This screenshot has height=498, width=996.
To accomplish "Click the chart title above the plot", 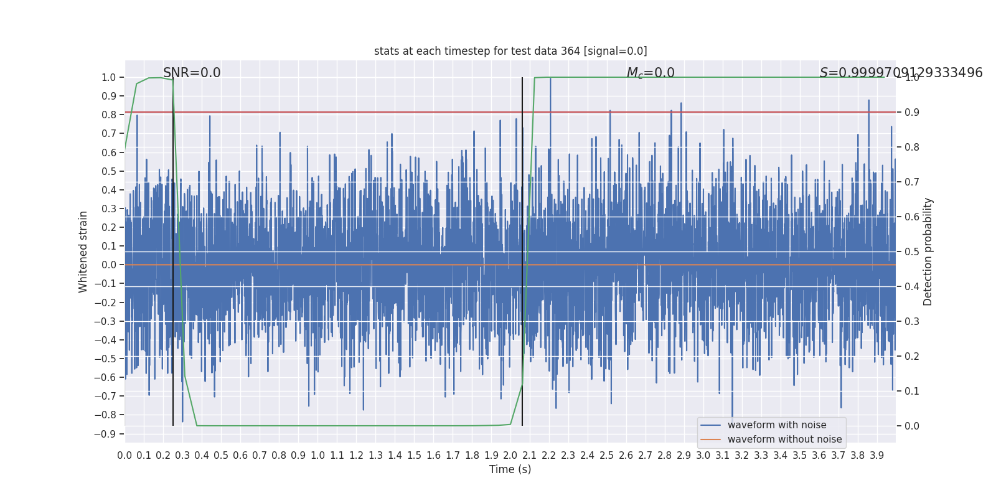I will tap(510, 51).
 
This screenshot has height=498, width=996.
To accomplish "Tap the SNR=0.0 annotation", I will tap(192, 73).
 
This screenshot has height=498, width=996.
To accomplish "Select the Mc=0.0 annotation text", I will tap(651, 73).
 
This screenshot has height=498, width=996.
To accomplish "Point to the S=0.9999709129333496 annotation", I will tap(901, 73).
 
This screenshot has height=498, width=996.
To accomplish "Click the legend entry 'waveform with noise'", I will tap(777, 425).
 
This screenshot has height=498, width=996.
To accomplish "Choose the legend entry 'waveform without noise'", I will tap(784, 439).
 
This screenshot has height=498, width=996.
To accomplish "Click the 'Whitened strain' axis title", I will tap(83, 251).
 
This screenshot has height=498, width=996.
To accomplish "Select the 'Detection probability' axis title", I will tap(928, 251).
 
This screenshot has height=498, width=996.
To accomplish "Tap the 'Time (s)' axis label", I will tap(510, 469).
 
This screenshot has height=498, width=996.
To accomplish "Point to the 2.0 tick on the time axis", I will tap(510, 455).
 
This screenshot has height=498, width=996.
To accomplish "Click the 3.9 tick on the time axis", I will tap(877, 455).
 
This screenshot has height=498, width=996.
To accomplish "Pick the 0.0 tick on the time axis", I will tap(125, 455).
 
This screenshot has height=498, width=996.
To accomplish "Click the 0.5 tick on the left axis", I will tap(109, 171).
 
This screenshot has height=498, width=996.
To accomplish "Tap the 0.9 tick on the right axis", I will tap(912, 113).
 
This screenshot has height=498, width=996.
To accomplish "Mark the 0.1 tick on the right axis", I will tap(912, 391).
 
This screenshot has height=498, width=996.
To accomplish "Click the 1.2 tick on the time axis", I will tap(356, 455).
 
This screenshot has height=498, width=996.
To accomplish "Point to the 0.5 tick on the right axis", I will tap(912, 251).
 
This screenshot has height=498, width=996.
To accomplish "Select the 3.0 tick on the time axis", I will tap(703, 455).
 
